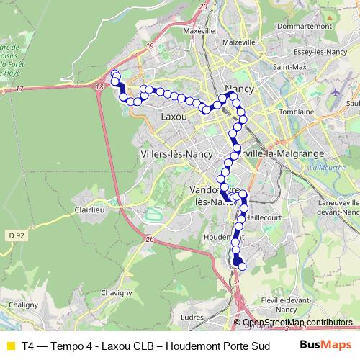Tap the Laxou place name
(x=174, y=116)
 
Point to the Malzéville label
(x=240, y=42)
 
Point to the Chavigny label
(x=116, y=293)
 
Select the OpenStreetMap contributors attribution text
(x=297, y=323)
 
